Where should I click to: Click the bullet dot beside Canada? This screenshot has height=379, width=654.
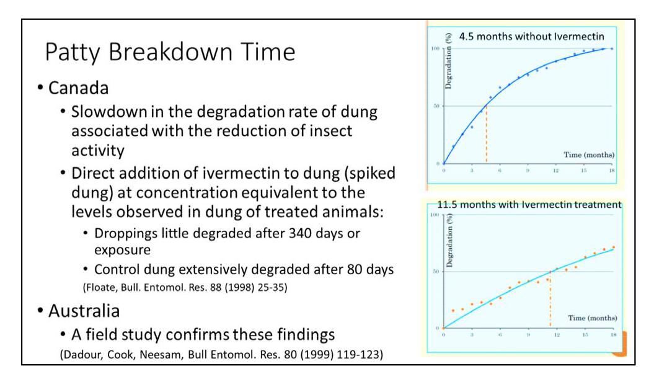pos(39,88)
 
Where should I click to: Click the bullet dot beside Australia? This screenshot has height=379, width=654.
pos(39,308)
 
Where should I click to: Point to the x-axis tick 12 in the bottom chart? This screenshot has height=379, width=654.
pos(557,334)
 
